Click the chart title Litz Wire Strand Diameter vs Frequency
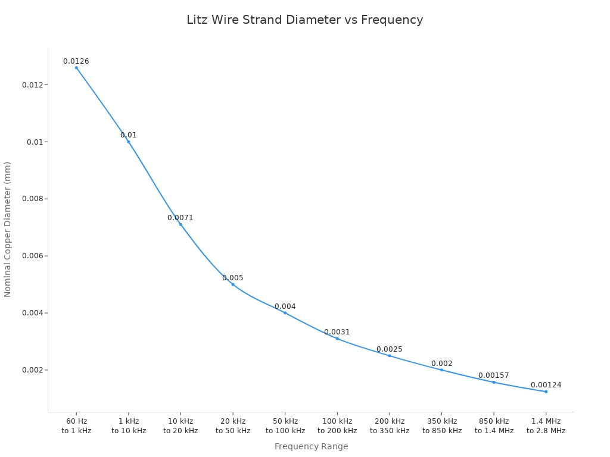click(x=304, y=20)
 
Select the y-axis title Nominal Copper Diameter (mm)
click(x=8, y=229)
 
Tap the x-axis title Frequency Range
click(x=311, y=446)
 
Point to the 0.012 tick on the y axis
click(x=33, y=85)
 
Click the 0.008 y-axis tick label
click(x=33, y=199)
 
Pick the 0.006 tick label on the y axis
click(x=33, y=256)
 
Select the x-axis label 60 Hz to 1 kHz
click(x=76, y=426)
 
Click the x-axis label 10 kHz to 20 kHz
click(x=180, y=426)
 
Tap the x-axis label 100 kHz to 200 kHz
click(x=337, y=426)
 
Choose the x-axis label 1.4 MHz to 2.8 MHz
click(x=546, y=426)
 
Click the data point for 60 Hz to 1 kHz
click(x=76, y=68)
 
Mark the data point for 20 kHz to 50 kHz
click(x=233, y=284)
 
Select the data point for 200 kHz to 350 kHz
click(x=390, y=356)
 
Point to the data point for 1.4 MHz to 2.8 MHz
click(x=546, y=392)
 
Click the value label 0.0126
click(x=76, y=61)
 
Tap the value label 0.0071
click(x=180, y=218)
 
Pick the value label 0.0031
click(x=337, y=332)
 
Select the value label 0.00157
click(x=494, y=375)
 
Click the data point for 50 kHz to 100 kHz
click(x=285, y=313)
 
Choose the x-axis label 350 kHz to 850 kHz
click(x=442, y=426)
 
